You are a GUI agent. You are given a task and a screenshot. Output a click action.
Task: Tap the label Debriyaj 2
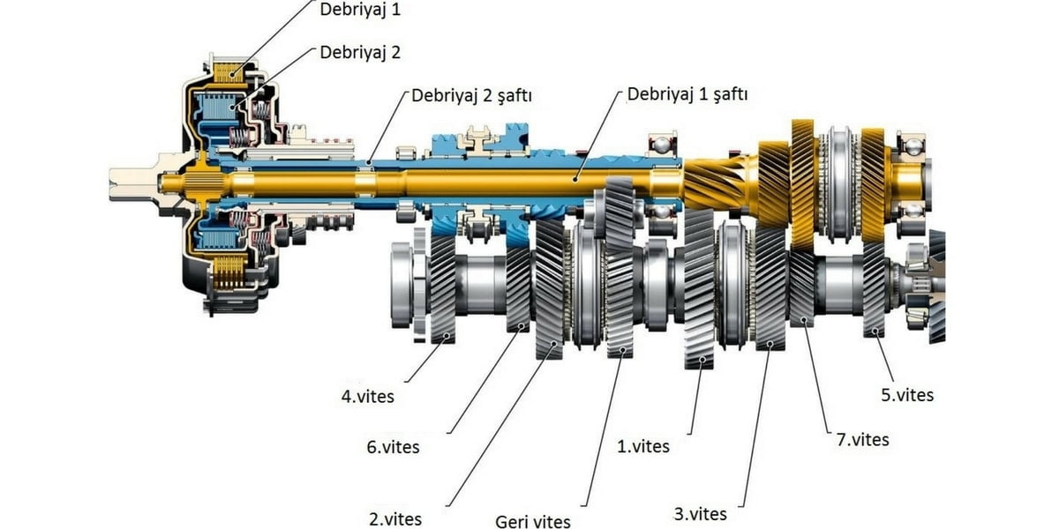tap(360, 52)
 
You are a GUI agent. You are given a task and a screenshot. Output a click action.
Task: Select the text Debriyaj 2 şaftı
tap(471, 95)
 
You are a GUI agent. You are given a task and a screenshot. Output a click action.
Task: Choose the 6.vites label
tap(391, 447)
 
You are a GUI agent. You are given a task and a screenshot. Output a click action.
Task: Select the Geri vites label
tap(532, 521)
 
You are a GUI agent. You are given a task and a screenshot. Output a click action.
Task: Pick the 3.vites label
tap(699, 514)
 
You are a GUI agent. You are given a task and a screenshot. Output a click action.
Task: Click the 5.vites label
tap(906, 395)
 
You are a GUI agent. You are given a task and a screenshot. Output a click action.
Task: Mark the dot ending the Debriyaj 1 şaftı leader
tap(575, 177)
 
